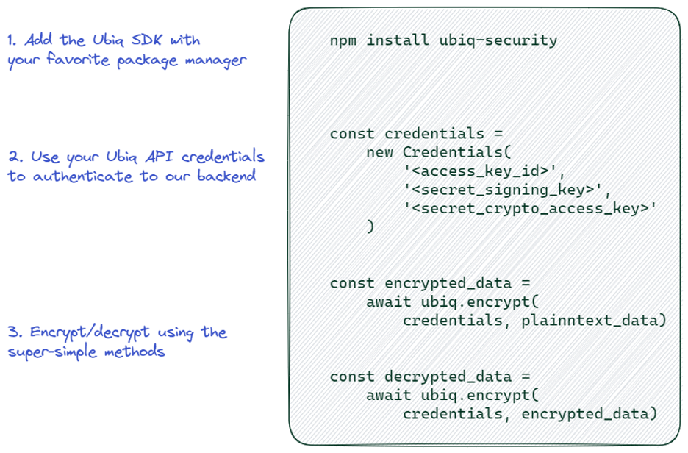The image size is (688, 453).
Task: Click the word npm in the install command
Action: click(x=343, y=41)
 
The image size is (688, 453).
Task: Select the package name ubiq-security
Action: click(x=498, y=40)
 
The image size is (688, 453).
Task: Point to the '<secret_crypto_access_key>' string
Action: click(x=530, y=209)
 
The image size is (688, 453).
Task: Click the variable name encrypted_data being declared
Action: click(x=448, y=284)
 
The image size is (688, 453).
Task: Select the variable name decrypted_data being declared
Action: click(x=448, y=377)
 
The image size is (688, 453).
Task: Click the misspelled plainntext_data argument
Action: click(x=590, y=321)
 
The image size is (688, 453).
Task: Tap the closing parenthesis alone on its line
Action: click(x=370, y=226)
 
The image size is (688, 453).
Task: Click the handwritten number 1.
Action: click(x=12, y=40)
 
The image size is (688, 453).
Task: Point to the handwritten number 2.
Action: click(x=15, y=157)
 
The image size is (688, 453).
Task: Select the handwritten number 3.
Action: click(x=15, y=332)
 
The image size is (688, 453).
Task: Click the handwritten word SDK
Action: click(x=146, y=40)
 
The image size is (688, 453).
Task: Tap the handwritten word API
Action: click(x=160, y=157)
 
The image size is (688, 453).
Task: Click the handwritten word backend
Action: click(x=226, y=176)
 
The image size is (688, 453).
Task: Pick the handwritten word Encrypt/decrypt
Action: click(x=90, y=332)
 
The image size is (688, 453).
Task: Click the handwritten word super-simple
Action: click(x=52, y=352)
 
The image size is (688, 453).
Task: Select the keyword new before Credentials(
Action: click(x=379, y=153)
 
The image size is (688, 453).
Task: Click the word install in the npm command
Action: click(x=398, y=40)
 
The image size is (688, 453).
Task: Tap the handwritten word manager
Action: click(x=215, y=60)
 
